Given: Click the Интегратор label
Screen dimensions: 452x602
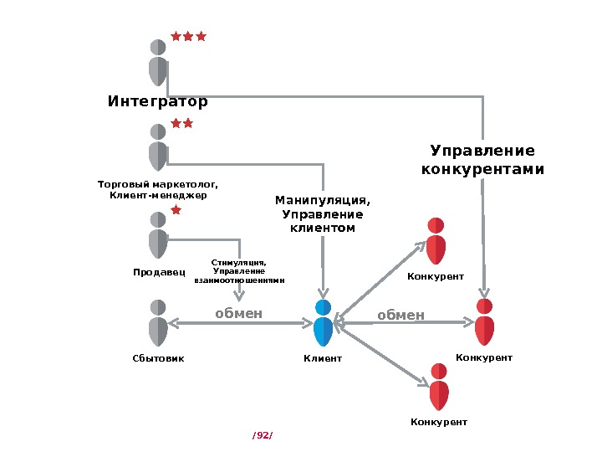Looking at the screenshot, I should pos(157,102).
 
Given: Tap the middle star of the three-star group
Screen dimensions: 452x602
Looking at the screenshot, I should pos(188,37).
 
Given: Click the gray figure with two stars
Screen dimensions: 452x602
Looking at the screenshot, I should pos(158,146).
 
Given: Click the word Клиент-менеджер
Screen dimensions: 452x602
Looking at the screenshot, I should pos(158,196).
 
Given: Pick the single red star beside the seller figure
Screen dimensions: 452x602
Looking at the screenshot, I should pos(176,210).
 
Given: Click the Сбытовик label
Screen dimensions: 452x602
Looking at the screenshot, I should pos(158,358).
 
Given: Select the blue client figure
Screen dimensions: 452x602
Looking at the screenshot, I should pos(324,323).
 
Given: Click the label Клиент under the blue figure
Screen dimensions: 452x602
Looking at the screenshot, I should pos(323,358).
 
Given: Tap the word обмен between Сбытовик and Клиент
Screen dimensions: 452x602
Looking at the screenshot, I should pos(239,314).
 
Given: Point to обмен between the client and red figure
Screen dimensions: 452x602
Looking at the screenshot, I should pos(400,316).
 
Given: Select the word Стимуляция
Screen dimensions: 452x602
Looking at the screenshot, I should pos(239,262).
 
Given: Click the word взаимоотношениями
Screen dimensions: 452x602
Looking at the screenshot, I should pos(239,280).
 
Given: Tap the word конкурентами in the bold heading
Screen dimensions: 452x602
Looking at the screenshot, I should pos(482,169).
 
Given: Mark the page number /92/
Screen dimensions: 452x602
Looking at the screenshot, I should pos(263,435).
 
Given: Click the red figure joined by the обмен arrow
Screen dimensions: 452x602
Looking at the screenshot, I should pos(484,321).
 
